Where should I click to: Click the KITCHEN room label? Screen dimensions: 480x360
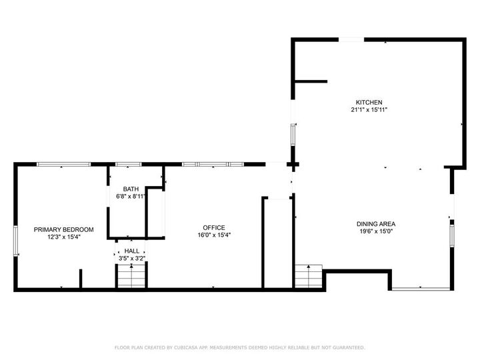[369, 102]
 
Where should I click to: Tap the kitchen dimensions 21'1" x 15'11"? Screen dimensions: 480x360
[369, 109]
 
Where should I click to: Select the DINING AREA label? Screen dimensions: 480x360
[376, 224]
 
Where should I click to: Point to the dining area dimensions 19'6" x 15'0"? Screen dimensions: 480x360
[376, 231]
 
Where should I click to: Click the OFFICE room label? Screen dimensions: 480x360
[214, 227]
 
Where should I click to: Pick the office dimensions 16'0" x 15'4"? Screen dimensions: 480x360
[214, 235]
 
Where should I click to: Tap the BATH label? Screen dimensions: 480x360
[131, 189]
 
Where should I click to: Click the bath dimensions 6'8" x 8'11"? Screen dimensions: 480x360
[131, 196]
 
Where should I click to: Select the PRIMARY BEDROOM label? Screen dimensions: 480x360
[64, 229]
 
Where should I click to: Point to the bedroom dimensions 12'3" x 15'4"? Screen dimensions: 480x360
[64, 237]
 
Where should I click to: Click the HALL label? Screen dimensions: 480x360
[131, 251]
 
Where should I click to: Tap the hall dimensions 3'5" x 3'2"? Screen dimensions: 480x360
[132, 259]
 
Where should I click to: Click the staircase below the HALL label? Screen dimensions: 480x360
[131, 276]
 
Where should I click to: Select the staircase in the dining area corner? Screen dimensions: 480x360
[309, 276]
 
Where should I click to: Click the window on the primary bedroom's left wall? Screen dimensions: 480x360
[16, 241]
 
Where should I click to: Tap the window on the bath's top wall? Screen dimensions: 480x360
[129, 165]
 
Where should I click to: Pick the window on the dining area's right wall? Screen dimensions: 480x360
[452, 236]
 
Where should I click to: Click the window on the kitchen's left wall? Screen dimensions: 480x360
[293, 135]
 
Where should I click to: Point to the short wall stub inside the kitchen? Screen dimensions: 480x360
[311, 81]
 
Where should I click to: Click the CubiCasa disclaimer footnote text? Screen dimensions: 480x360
[240, 347]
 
